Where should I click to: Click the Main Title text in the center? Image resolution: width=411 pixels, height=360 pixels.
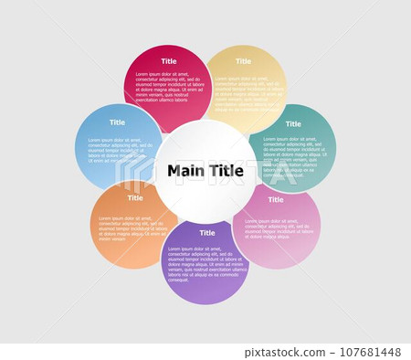205,171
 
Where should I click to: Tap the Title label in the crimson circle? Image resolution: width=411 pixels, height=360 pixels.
169,61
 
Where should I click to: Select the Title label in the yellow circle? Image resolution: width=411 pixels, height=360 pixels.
243,61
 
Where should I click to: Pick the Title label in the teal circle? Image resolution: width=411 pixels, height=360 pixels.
293,124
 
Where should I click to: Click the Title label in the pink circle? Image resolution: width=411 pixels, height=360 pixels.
275,199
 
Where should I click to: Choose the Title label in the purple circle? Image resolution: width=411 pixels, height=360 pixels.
207,233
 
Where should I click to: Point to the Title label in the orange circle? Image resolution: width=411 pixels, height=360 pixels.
135,198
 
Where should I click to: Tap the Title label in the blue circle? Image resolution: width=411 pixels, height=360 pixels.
118,122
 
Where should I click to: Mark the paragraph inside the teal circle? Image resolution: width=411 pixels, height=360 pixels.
292,155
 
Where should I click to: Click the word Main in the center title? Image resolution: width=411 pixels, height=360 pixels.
186,171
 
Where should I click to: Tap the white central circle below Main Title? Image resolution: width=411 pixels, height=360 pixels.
205,201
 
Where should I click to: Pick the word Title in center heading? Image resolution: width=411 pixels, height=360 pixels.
227,171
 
